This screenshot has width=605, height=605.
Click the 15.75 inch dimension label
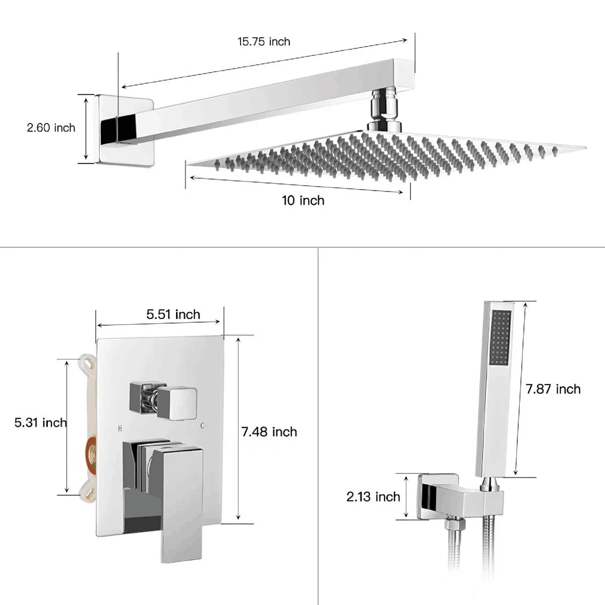point(264,42)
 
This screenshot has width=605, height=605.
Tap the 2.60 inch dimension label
point(51,128)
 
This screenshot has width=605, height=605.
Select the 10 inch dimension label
point(303,201)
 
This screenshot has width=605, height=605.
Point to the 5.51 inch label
point(173,314)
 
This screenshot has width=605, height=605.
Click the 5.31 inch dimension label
point(41,422)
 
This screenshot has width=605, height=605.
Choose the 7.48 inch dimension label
point(269,432)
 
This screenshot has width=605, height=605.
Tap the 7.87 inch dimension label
point(553,389)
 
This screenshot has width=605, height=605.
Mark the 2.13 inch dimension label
point(373,497)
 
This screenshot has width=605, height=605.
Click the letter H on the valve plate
point(119,429)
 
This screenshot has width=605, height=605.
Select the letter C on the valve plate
point(202,426)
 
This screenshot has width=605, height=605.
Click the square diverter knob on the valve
point(177,403)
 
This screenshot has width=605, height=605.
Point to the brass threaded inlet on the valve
point(92,452)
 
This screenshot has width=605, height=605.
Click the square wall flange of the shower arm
point(126,130)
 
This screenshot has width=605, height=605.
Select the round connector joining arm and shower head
point(384,110)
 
